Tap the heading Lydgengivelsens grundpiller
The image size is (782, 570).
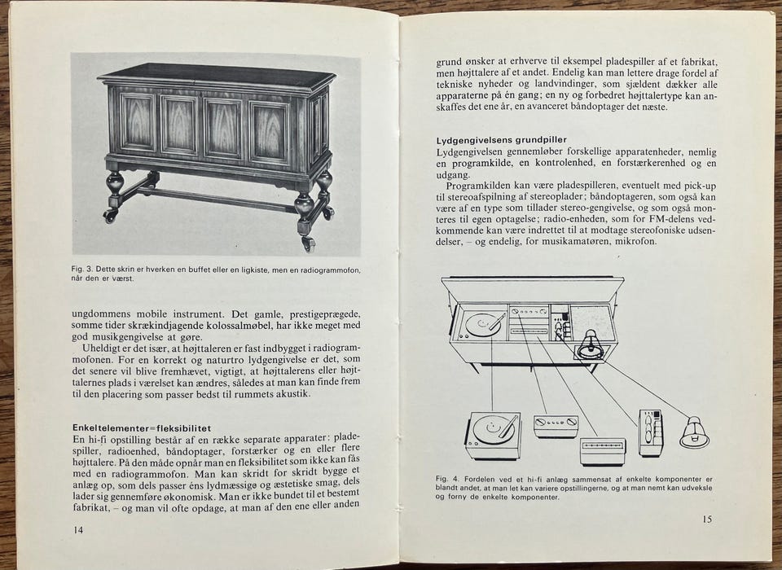pos(501,140)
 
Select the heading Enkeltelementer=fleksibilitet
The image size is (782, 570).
pos(141,427)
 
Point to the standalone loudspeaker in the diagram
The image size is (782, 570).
pos(694,432)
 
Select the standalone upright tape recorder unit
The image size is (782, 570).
pos(651,432)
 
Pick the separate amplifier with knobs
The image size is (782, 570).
pos(556,425)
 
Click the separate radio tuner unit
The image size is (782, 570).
pos(602,451)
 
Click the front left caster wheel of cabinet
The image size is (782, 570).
pos(110,216)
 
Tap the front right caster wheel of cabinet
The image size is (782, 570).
pos(308,243)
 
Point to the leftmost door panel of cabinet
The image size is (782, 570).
pos(137,121)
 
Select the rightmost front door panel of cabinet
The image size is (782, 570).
pos(269,132)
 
